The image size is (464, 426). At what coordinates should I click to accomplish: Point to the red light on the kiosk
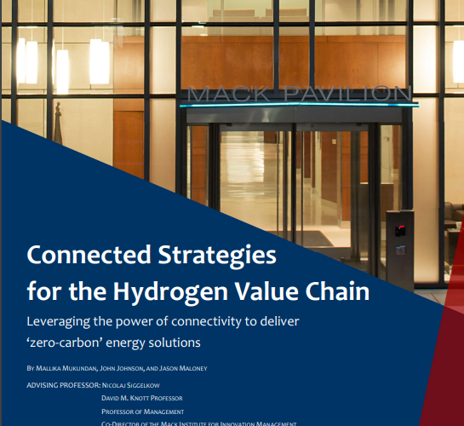coord(400,227)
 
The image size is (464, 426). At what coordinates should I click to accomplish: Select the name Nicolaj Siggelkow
coord(137,384)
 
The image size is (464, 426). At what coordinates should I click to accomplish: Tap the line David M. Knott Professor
coord(141,398)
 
